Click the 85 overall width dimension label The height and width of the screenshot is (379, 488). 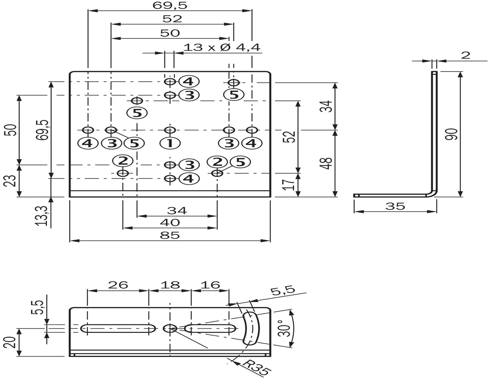tap(170, 236)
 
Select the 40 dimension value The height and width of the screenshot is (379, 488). tap(170, 222)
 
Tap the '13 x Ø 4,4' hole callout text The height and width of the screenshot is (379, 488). tap(222, 48)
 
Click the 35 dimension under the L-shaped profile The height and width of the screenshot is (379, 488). tap(395, 206)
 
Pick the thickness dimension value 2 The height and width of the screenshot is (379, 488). tap(466, 55)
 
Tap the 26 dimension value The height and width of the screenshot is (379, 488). tap(118, 285)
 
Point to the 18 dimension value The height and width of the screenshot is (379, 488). tap(170, 285)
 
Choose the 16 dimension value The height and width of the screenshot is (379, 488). tap(210, 285)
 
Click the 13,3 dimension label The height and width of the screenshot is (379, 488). tap(43, 216)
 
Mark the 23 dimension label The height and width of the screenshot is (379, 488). tap(11, 180)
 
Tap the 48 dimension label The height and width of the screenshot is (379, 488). tap(327, 163)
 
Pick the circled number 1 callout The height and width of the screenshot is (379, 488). tap(170, 143)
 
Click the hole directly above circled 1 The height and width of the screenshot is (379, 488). tap(170, 130)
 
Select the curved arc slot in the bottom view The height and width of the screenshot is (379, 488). tap(252, 328)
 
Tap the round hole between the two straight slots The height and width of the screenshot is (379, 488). tap(170, 328)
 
